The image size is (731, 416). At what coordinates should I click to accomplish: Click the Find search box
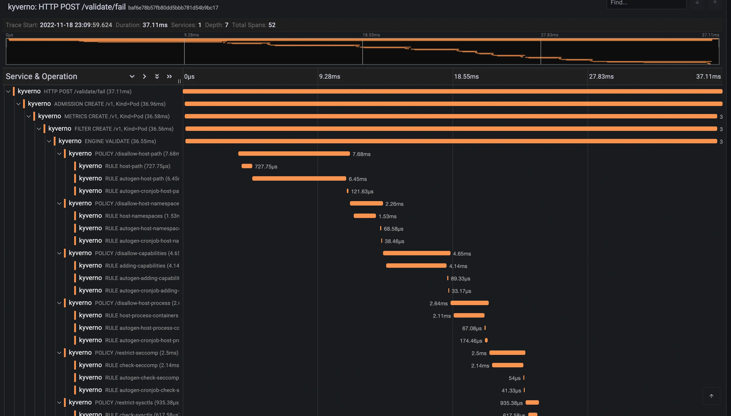[x=646, y=3]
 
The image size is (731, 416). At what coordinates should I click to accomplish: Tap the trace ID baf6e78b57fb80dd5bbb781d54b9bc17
[x=173, y=8]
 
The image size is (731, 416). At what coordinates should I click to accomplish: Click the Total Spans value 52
[x=272, y=25]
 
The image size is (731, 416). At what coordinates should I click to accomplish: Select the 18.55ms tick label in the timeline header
[x=466, y=77]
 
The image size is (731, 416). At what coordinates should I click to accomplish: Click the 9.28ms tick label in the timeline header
[x=329, y=77]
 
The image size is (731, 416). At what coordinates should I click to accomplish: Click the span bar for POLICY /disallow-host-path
[x=294, y=154]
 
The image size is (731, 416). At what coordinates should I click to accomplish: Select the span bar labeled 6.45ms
[x=299, y=179]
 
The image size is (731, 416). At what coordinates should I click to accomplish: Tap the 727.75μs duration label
[x=266, y=167]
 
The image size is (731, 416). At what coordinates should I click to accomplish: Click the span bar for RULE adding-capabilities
[x=416, y=266]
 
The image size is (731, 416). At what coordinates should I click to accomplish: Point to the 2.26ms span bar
[x=366, y=203]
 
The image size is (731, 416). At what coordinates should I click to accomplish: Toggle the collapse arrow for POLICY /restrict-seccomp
[x=59, y=353]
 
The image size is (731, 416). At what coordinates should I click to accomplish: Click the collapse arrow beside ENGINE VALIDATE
[x=49, y=141]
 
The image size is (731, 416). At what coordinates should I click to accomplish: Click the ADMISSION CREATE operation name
[x=110, y=104]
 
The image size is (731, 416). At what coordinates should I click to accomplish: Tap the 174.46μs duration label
[x=471, y=341]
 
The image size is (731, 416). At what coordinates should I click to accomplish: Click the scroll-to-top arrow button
[x=711, y=396]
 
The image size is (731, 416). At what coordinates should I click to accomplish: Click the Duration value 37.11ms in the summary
[x=155, y=25]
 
